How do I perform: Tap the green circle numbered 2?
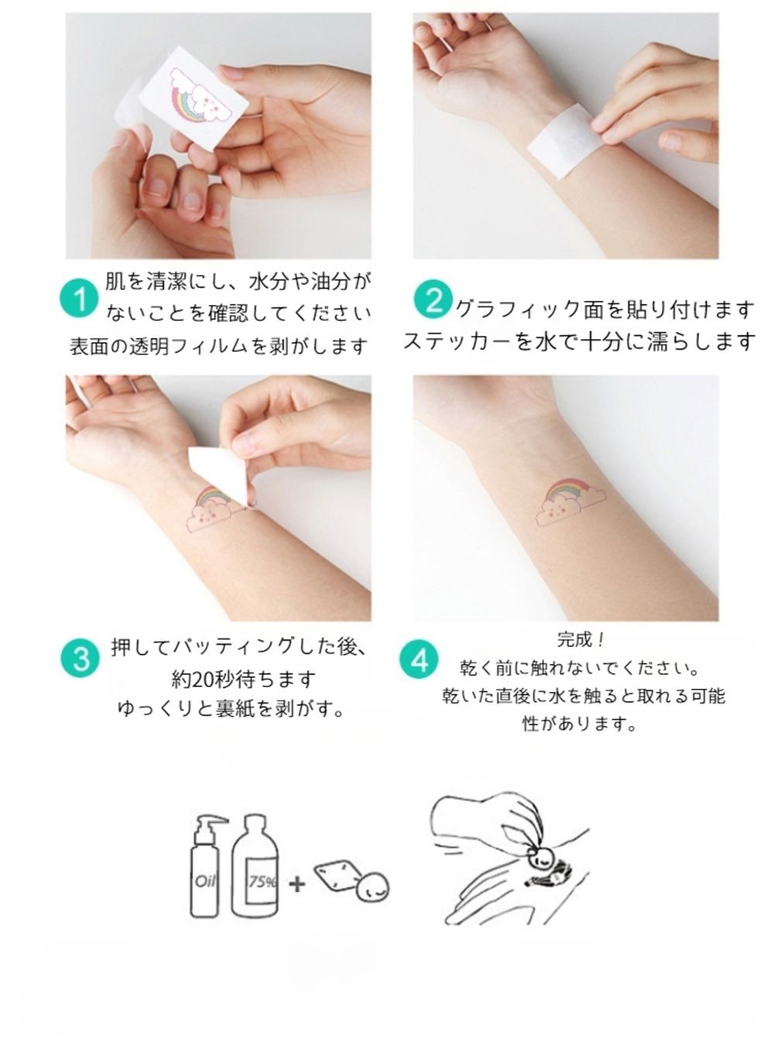click(x=433, y=299)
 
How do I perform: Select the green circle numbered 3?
click(x=80, y=658)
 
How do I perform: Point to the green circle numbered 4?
click(x=419, y=660)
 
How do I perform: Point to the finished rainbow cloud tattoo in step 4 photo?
click(x=570, y=502)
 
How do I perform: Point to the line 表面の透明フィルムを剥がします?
click(x=218, y=347)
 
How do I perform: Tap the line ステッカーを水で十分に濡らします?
click(x=580, y=341)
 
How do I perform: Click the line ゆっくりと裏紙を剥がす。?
click(x=231, y=708)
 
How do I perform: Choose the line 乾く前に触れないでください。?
click(x=579, y=669)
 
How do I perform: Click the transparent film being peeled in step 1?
click(x=128, y=108)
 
